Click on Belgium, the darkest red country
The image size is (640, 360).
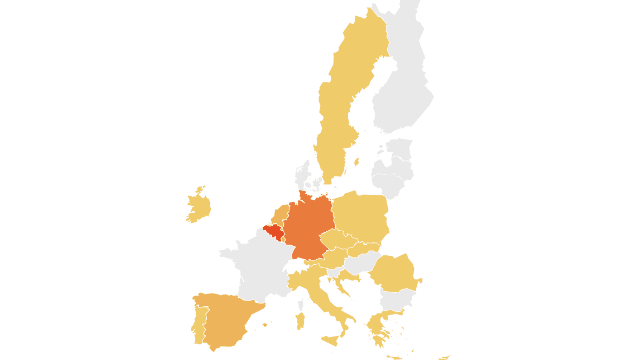tap(273, 231)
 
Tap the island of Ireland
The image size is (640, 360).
tap(198, 207)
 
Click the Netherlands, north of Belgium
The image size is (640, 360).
tap(281, 215)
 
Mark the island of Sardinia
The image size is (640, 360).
tap(299, 320)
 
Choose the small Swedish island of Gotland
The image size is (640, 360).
tap(356, 162)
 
